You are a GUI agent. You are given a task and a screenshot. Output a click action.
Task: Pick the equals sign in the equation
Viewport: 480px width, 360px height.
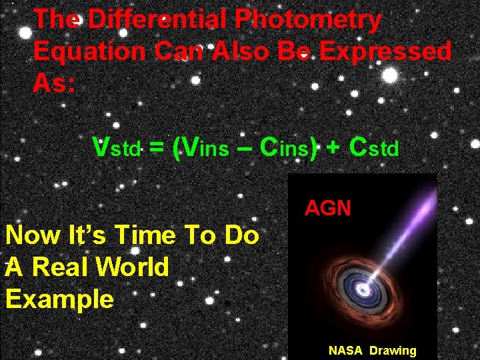(157, 147)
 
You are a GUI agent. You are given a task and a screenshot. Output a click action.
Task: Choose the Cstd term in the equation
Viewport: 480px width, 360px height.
(373, 147)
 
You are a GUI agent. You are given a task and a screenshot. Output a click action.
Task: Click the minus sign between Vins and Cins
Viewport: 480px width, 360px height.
(244, 147)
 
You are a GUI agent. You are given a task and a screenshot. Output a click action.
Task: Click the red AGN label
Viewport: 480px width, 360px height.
(328, 208)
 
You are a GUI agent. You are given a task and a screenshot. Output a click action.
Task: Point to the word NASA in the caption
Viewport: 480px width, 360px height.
(345, 351)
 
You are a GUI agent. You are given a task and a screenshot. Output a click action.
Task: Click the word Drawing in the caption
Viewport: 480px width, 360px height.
(393, 351)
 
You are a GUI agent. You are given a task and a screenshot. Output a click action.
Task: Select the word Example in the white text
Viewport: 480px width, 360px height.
(59, 299)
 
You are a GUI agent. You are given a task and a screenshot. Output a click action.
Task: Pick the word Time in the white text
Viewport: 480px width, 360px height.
(141, 235)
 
